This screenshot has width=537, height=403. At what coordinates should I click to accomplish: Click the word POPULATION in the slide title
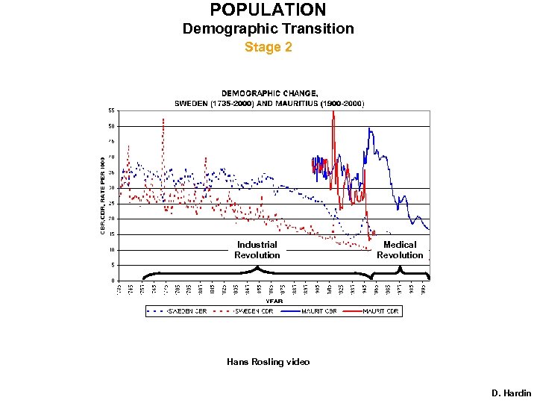pyautogui.click(x=268, y=10)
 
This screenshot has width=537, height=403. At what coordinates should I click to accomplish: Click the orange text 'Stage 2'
pyautogui.click(x=268, y=47)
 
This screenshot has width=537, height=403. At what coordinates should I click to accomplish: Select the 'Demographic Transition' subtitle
pyautogui.click(x=268, y=29)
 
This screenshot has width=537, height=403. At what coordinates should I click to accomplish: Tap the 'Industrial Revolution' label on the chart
pyautogui.click(x=257, y=250)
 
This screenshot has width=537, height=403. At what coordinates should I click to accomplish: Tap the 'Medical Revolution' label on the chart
pyautogui.click(x=400, y=250)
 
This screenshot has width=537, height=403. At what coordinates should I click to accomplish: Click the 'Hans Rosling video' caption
pyautogui.click(x=268, y=362)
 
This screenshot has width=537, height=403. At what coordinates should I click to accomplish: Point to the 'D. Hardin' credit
pyautogui.click(x=511, y=393)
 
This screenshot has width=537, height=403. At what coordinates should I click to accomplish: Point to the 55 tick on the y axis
pyautogui.click(x=111, y=110)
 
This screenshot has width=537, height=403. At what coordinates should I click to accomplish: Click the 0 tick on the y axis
pyautogui.click(x=113, y=281)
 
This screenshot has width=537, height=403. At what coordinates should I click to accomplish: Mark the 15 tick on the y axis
pyautogui.click(x=111, y=234)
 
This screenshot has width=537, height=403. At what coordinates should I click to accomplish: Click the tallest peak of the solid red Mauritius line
pyautogui.click(x=333, y=113)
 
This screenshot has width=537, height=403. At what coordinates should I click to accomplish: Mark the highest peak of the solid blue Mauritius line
pyautogui.click(x=369, y=129)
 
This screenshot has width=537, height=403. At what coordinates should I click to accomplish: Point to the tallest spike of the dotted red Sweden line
pyautogui.click(x=163, y=119)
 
